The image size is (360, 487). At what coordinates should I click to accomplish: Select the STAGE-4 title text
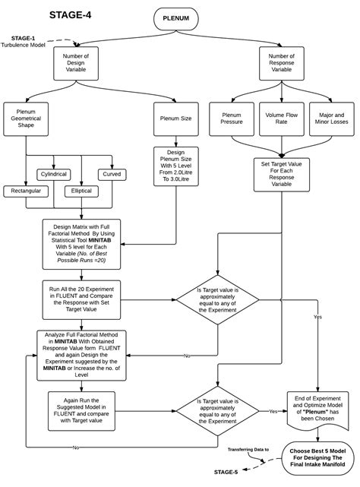coord(71,14)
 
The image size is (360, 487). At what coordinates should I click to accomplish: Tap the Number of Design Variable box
coord(76,64)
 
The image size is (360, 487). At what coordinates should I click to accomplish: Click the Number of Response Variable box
coord(283,64)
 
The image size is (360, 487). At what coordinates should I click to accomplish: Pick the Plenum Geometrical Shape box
coord(26,119)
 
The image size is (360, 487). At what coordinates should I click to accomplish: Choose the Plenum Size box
coord(175,119)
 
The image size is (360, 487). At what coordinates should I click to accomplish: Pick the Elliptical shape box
coord(83,190)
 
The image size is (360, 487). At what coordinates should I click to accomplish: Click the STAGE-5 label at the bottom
coord(225,472)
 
